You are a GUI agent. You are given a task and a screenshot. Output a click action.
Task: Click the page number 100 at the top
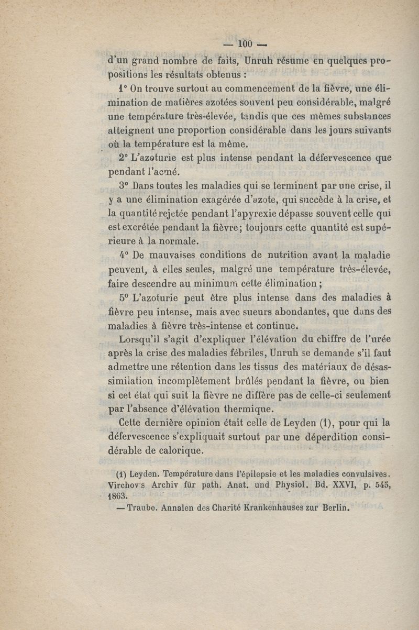245,43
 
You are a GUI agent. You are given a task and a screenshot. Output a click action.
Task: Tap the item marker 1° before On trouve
124,87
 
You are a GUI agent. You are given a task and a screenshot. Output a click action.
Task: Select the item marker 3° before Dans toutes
124,185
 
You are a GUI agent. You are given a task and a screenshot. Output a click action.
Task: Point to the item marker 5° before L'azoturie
124,297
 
